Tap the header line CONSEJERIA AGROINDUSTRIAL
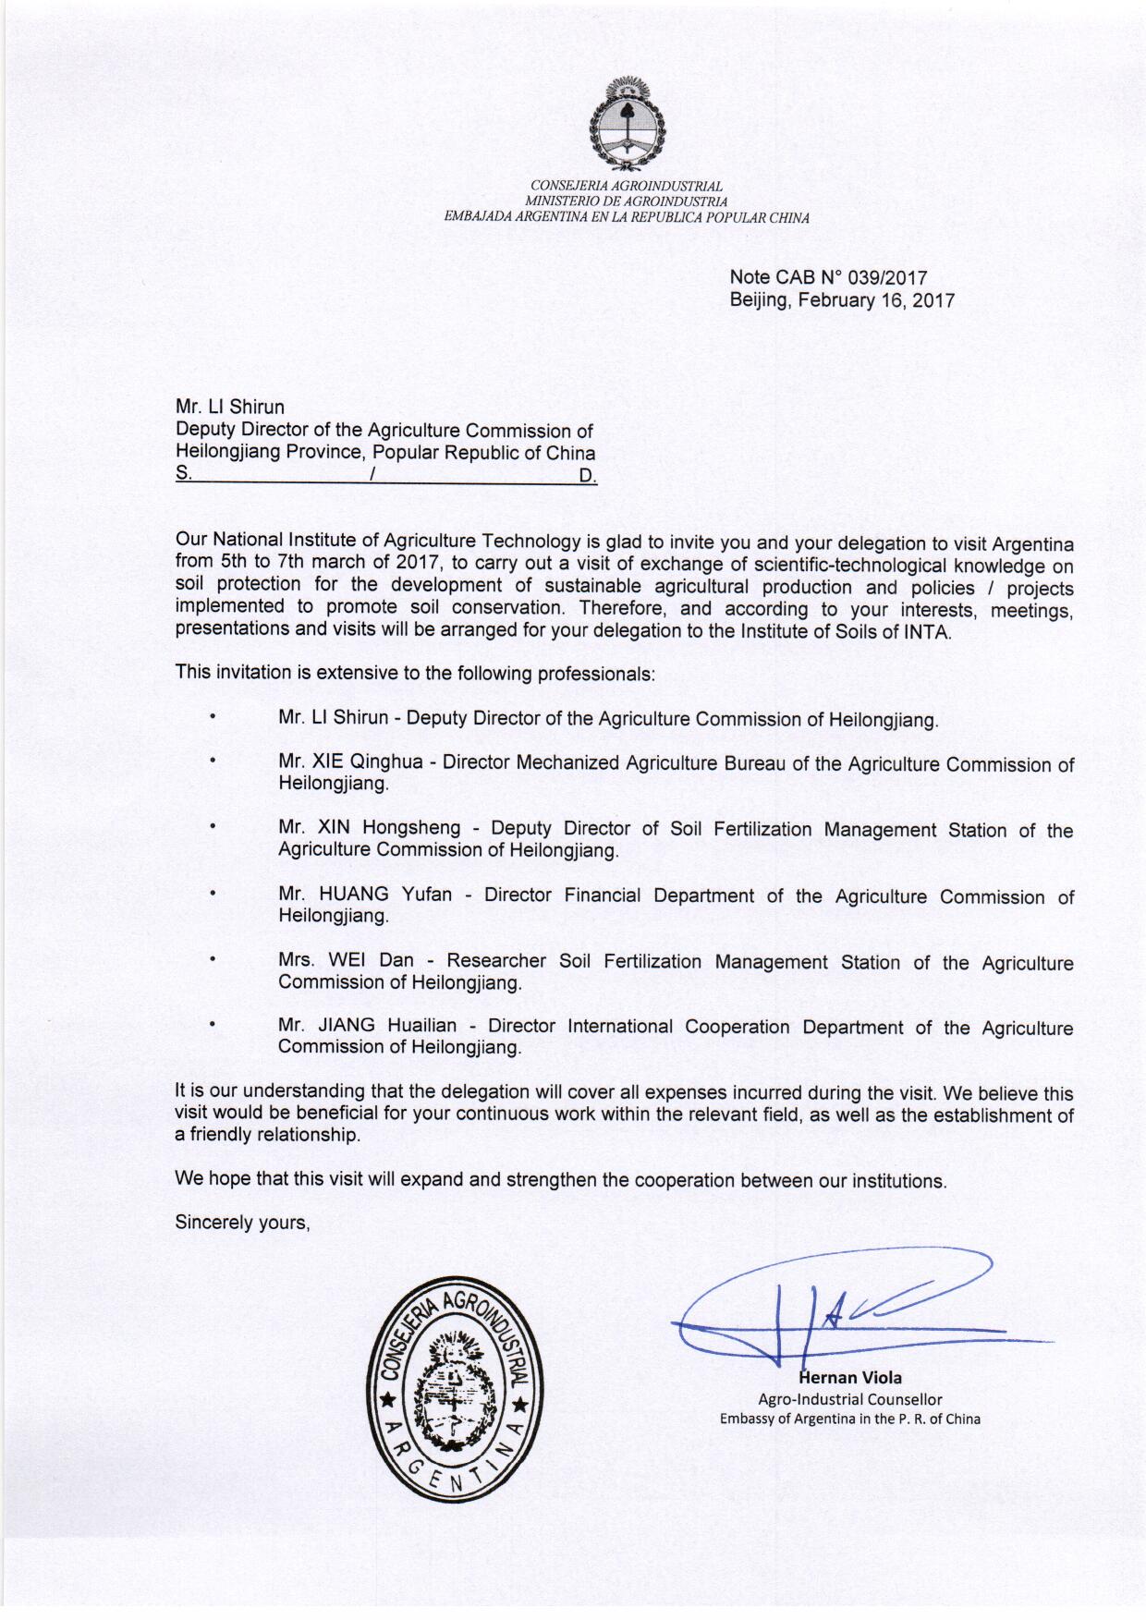626,187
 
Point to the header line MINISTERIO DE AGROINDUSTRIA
626,201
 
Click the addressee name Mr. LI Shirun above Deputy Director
230,408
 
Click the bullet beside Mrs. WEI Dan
212,960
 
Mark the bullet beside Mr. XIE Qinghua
212,761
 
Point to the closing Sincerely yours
242,1223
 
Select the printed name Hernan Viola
850,1377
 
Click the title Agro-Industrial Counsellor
850,1399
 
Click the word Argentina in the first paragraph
1029,543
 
